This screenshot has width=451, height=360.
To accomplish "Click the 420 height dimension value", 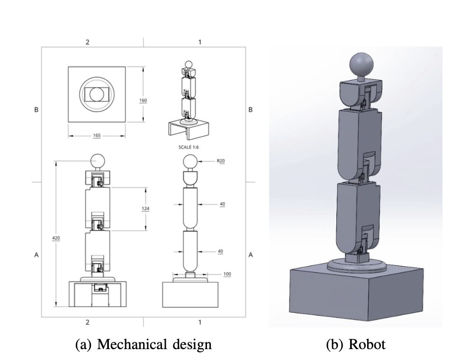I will coord(56,237).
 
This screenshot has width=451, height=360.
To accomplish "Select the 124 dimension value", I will coord(143,209).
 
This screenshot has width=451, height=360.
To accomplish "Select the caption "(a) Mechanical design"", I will coord(143,344).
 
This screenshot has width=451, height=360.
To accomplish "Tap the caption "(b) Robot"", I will coord(356,344).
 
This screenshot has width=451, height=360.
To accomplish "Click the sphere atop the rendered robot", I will coord(362,65).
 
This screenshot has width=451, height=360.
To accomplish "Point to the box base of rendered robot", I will coord(356,294).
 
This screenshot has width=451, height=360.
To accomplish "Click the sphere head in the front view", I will coord(98,161).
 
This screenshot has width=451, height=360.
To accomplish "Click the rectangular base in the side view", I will coord(190,295).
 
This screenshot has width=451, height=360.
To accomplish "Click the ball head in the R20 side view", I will coord(190,162).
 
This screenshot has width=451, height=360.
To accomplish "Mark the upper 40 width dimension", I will coord(222,204).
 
